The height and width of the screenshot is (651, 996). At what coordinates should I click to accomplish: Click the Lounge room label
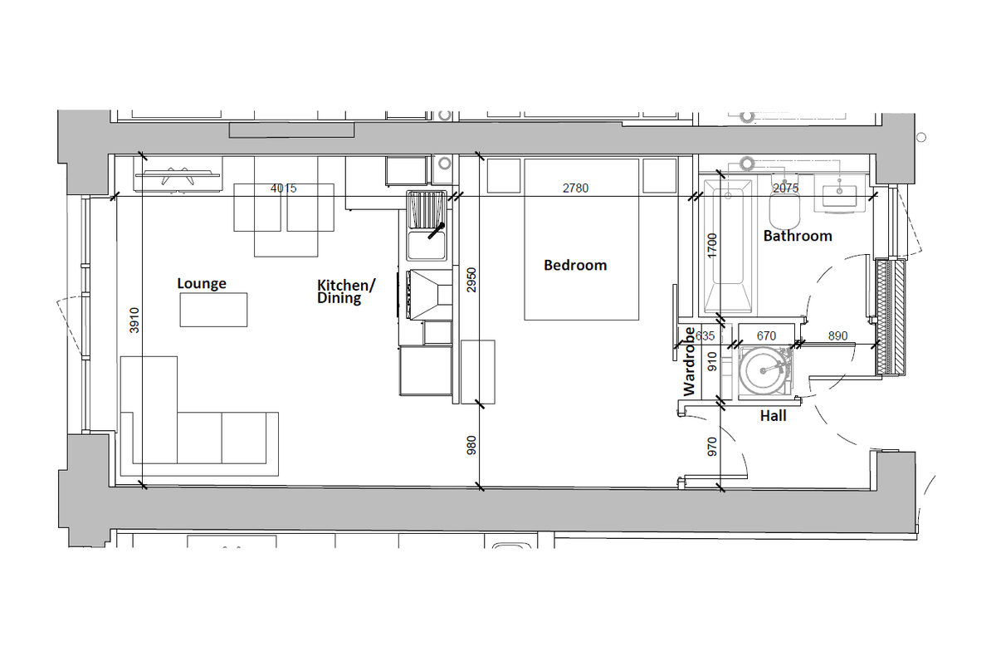(202, 283)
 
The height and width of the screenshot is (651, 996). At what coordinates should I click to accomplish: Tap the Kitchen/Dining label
(346, 291)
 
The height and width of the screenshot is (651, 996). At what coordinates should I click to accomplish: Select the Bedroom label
(575, 266)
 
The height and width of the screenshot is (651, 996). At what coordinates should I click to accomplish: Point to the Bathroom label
(798, 236)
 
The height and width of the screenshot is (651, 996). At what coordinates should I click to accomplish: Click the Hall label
(774, 415)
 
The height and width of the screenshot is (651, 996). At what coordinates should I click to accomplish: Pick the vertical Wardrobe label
(689, 360)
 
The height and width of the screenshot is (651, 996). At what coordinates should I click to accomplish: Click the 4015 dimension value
(284, 188)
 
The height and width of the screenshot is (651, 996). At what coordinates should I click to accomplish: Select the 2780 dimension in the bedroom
(575, 188)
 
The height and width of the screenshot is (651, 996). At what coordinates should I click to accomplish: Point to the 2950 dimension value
(471, 281)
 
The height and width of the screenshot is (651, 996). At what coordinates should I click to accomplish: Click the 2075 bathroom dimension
(785, 188)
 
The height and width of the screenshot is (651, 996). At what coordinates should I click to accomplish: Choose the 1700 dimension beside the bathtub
(712, 247)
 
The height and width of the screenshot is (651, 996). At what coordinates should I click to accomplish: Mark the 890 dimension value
(838, 336)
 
